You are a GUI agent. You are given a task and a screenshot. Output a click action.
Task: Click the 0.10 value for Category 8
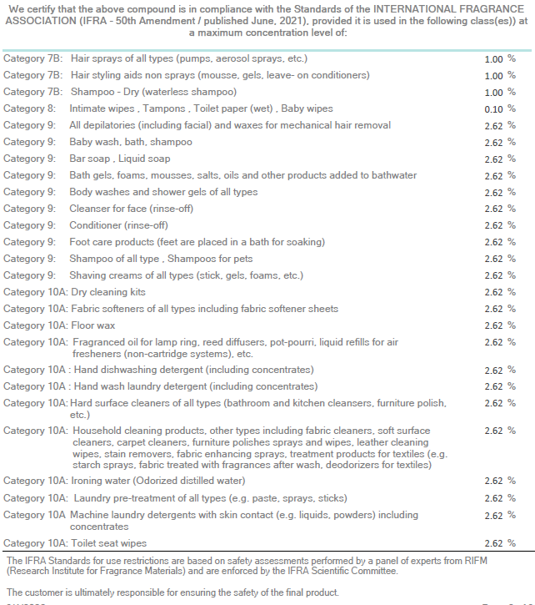[x=493, y=109]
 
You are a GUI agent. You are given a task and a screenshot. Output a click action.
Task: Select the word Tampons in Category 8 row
[x=164, y=108]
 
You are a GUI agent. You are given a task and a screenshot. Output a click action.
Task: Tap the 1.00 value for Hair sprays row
[x=493, y=59]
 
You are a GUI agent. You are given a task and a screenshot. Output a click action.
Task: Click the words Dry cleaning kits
[x=108, y=292]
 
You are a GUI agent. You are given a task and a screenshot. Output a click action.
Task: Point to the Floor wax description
[x=92, y=325]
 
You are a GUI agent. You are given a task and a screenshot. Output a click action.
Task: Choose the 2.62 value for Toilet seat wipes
[x=493, y=543]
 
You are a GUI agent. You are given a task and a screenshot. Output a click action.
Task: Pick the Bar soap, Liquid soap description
[x=119, y=159]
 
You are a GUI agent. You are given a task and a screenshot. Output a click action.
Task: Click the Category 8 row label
[x=29, y=108]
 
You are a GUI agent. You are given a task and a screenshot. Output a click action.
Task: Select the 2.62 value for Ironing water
[x=493, y=481]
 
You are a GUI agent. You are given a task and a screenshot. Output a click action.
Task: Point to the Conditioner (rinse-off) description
[x=118, y=225]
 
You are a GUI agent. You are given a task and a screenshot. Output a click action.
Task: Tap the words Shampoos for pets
[x=210, y=259]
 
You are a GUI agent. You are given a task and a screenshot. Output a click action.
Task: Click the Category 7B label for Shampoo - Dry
[x=32, y=93]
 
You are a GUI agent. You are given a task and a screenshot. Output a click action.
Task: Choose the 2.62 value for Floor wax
[x=493, y=325]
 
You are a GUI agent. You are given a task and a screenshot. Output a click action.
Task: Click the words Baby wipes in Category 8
[x=307, y=108]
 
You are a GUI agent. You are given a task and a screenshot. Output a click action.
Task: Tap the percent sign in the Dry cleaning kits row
[x=512, y=292]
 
